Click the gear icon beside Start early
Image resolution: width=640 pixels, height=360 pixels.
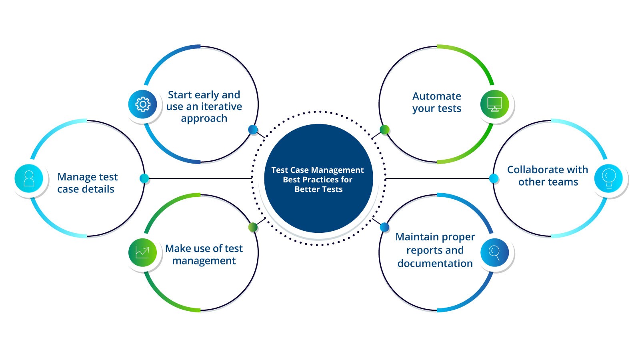[x=143, y=104]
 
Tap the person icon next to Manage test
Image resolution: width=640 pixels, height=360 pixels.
[x=29, y=178]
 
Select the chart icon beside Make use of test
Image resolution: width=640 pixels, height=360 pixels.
[x=142, y=252]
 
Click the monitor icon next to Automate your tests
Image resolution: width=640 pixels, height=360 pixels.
[x=495, y=104]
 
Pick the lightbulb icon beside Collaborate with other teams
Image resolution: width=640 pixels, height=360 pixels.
[x=608, y=178]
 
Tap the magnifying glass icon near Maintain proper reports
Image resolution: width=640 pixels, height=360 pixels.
[x=495, y=252]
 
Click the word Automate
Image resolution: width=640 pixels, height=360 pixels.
[x=436, y=96]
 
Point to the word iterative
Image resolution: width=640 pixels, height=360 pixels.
[x=221, y=107]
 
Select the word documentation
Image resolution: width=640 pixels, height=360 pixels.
[x=435, y=264]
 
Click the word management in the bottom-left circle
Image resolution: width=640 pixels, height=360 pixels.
[x=204, y=261]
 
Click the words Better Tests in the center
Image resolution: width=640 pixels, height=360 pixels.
[x=318, y=189]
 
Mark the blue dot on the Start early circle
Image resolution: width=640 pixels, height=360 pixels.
[x=253, y=129]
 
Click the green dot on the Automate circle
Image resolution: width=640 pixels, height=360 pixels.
[x=384, y=129]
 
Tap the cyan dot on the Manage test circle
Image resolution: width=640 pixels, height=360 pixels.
[x=144, y=178]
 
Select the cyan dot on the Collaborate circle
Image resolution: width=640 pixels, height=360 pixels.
[x=494, y=178]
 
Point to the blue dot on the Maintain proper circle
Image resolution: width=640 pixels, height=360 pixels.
[x=384, y=227]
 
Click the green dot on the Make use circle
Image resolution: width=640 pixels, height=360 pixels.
[x=253, y=227]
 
